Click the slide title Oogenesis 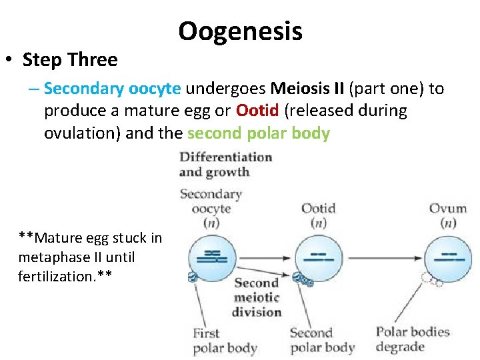240,31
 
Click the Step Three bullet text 69,60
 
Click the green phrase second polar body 259,133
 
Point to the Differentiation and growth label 225,164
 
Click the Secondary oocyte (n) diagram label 211,208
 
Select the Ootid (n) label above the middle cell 318,215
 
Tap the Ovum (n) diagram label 447,215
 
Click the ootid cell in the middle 318,257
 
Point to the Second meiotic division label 257,297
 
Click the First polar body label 225,340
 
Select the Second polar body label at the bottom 322,340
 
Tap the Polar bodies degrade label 413,339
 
